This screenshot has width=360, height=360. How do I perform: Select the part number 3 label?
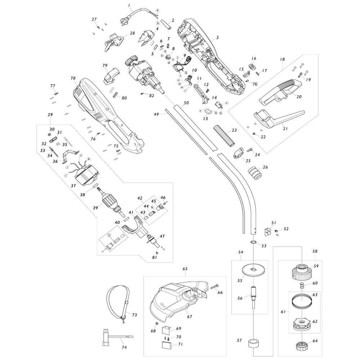[217, 38]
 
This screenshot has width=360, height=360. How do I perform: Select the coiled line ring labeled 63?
[300, 300]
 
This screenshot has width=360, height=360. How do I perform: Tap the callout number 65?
[185, 269]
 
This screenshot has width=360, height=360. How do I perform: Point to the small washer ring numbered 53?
[253, 244]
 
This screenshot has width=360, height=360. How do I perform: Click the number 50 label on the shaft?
[186, 103]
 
